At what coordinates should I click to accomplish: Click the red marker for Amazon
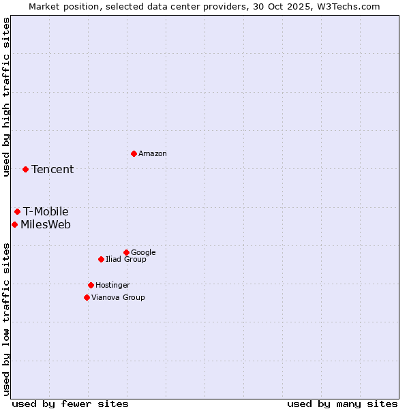coord(134,153)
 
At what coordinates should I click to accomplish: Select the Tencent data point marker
coord(25,169)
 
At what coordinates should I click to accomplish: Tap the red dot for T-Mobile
coord(17,211)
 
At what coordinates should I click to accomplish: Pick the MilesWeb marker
coord(14,224)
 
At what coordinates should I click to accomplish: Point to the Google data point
coord(126,252)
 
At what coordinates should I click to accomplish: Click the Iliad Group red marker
coord(101,259)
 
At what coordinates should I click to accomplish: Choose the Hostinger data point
coord(91,285)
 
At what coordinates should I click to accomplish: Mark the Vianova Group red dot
coord(87,297)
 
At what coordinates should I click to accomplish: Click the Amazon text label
coord(153,154)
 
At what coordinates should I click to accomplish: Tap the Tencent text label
coord(52,170)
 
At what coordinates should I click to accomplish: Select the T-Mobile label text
coord(46,212)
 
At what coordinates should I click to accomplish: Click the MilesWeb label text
coord(46,225)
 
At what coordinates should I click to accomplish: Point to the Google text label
coord(143,253)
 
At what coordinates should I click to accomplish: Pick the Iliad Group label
coord(126,260)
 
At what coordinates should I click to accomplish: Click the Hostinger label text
coord(112,286)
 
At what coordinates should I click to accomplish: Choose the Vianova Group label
coord(118,298)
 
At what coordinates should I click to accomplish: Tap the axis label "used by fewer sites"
coord(70,404)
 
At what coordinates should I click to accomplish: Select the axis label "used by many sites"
coord(342,404)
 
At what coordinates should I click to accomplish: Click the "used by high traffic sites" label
coord(6,97)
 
